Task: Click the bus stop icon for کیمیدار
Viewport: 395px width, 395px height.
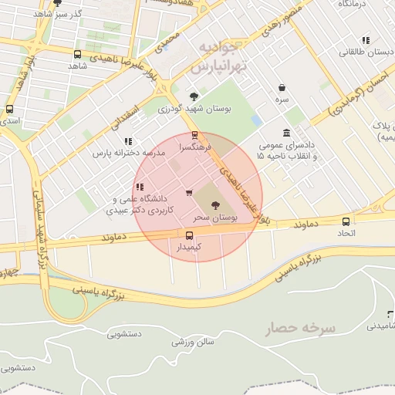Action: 189,235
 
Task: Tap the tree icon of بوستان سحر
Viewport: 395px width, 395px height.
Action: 214,204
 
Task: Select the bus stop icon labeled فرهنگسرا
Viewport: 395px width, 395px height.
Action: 194,135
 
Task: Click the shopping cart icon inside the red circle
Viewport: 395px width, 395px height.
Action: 189,193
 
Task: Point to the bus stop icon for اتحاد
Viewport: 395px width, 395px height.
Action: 345,221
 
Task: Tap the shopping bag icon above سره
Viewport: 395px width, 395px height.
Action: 282,88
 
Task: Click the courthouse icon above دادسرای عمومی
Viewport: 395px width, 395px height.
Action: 287,133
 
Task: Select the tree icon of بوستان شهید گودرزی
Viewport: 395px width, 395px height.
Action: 194,96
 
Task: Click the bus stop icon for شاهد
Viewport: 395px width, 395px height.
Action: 77,54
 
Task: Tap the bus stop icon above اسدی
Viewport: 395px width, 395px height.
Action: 9,110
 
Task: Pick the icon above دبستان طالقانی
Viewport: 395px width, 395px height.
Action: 365,40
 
